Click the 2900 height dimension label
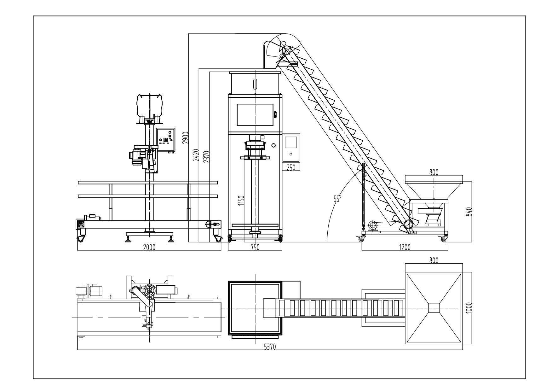(186, 138)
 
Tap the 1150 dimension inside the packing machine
(241, 201)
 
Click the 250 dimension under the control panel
(291, 167)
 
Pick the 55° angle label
(338, 198)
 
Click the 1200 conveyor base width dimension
(405, 248)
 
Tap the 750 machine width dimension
(255, 248)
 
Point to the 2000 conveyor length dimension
(149, 248)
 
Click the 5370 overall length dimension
(270, 347)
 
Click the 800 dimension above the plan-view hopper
(434, 260)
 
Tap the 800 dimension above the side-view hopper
(434, 172)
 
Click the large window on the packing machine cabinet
(255, 115)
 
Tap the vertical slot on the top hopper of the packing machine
(255, 86)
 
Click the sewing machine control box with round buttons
(166, 140)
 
